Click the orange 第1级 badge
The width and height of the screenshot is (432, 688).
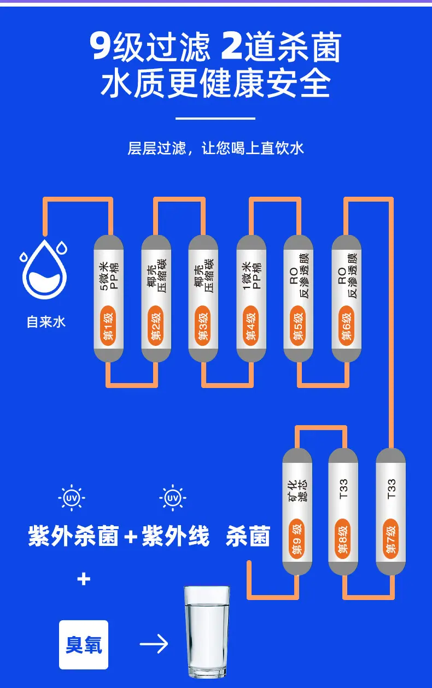pos(108,326)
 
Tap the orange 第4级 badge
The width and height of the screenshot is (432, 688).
pos(250,326)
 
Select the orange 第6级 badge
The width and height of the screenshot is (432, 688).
pos(346,326)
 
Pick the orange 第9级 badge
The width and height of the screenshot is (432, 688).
pos(297,538)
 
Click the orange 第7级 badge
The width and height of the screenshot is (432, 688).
pos(390,538)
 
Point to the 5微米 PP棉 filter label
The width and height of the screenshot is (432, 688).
pos(108,276)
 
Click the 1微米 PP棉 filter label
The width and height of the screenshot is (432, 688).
pos(252,275)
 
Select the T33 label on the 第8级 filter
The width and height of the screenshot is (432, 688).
pos(343,489)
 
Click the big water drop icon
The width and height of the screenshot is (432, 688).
pos(44,269)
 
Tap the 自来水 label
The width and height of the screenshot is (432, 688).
pos(46,322)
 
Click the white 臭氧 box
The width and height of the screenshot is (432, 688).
pos(84,645)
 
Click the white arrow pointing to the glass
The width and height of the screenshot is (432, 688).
pos(154,644)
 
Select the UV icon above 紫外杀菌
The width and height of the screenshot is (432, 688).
pos(72,498)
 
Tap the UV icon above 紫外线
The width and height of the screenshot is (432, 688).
pos(173,498)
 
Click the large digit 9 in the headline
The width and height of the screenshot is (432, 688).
pos(100,46)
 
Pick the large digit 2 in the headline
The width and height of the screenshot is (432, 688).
pos(232,46)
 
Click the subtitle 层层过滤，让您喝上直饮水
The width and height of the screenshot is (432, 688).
pos(215,148)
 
